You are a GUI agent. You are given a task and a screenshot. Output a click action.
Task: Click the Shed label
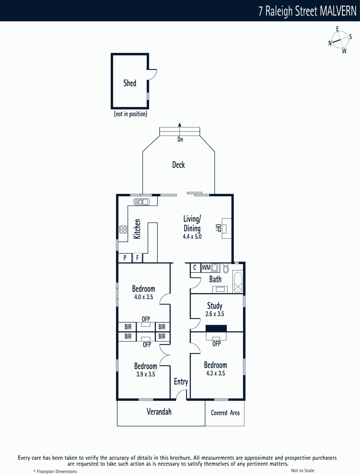pos(130,83)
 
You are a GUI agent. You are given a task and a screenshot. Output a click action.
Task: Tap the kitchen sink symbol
pos(142,202)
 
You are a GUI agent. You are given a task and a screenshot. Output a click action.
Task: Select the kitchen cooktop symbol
pos(123,229)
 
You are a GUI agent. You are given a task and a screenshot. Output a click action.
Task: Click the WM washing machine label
pos(206,268)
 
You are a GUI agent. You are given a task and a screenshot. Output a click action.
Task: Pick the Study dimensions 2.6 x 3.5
pos(215,314)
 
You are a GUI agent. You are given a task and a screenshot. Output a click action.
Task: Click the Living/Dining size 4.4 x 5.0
pos(192,236)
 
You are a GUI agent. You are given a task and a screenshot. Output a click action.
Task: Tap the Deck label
pos(179,165)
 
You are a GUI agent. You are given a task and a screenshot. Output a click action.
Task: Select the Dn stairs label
pos(180,140)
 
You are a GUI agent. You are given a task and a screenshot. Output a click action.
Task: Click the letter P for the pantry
pos(125,258)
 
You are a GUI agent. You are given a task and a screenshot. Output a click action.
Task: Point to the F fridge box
pos(137,258)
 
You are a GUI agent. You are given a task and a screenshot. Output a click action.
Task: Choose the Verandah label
pos(159,411)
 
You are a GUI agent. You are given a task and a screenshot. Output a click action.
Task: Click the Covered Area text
pos(225,413)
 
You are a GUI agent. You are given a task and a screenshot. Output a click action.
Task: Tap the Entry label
pos(181,382)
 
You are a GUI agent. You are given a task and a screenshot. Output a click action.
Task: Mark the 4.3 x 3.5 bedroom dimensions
pos(216,373)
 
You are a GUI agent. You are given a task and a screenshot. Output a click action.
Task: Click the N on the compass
pos(330,43)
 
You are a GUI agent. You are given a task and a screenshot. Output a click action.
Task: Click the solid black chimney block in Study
pos(216,329)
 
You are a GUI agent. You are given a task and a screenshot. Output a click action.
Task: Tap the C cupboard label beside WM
pos(195,268)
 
